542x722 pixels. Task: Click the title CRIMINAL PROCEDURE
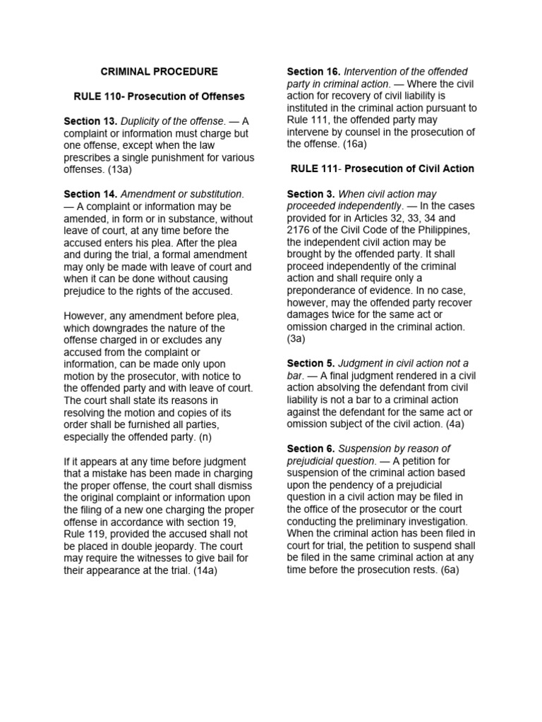[159, 72]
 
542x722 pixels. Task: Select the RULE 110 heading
[159, 96]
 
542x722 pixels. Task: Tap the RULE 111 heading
[382, 169]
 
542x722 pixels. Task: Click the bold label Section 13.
[90, 121]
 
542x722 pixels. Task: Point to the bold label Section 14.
[90, 194]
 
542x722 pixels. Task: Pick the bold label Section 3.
[311, 194]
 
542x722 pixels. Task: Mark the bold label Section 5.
[311, 364]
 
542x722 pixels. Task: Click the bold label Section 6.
[311, 449]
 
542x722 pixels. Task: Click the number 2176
[301, 230]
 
